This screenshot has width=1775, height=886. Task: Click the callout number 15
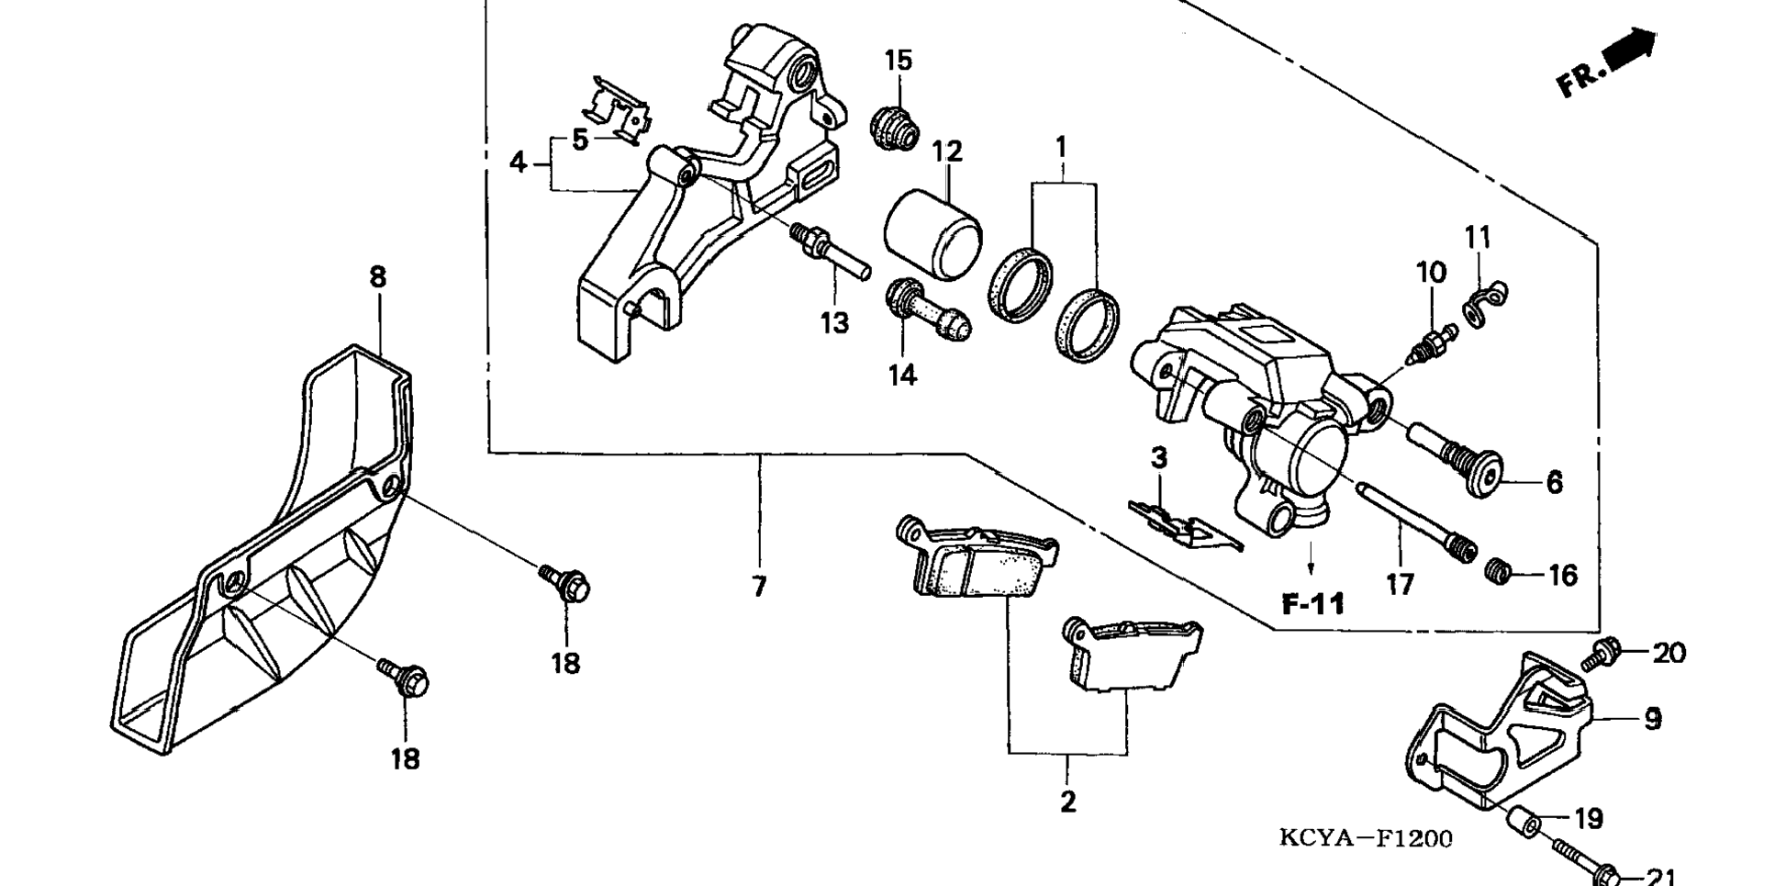pyautogui.click(x=899, y=61)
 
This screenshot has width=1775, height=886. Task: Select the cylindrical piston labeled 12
pyautogui.click(x=932, y=233)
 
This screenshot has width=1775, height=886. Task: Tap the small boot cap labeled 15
pyautogui.click(x=893, y=128)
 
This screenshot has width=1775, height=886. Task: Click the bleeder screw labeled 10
pyautogui.click(x=1432, y=344)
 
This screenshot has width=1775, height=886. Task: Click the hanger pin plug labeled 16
pyautogui.click(x=1498, y=571)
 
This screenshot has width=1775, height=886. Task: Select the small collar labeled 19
pyautogui.click(x=1526, y=820)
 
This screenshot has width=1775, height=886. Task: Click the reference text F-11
pyautogui.click(x=1313, y=603)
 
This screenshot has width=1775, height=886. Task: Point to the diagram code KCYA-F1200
pyautogui.click(x=1366, y=838)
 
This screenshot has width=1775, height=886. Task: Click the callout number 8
pyautogui.click(x=378, y=276)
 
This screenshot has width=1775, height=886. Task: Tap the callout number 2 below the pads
pyautogui.click(x=1067, y=802)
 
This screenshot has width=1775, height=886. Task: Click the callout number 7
pyautogui.click(x=759, y=586)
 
